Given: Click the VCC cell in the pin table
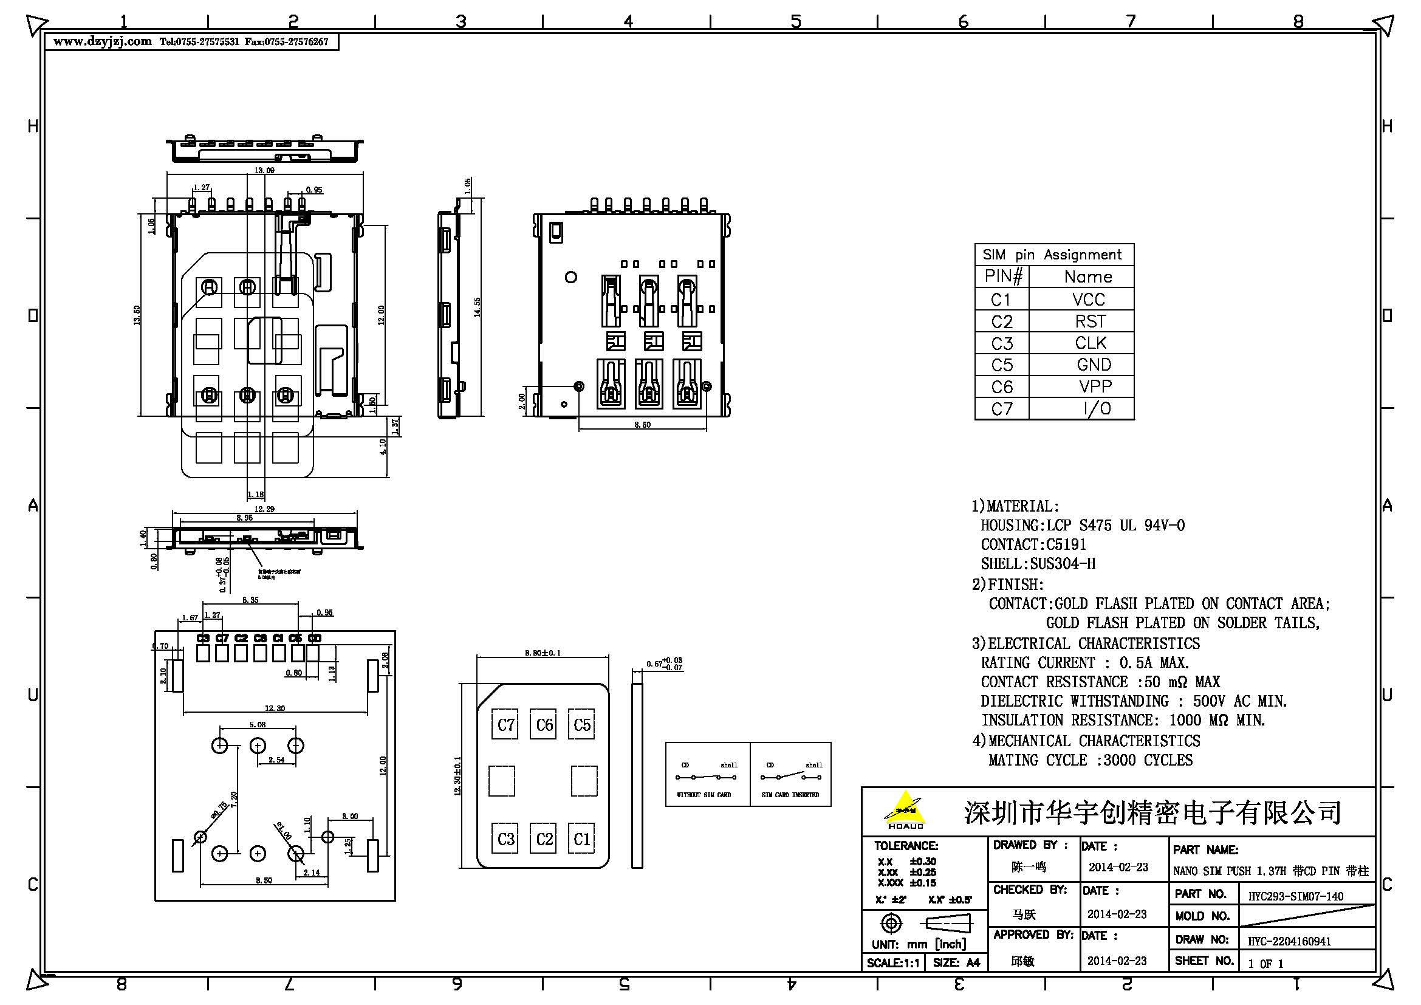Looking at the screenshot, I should [1087, 300].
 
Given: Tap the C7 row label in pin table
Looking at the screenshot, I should [1001, 408].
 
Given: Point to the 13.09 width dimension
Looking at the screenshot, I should [264, 170].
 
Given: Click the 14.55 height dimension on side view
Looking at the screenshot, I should [477, 307].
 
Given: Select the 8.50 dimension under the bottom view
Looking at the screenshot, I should [642, 425].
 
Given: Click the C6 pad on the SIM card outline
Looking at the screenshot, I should [544, 725].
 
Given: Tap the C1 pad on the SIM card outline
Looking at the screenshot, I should [581, 839].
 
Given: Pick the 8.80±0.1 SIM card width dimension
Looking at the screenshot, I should [542, 653].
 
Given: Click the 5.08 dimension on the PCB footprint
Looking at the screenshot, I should [258, 725].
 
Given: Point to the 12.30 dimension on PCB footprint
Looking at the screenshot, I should [274, 708].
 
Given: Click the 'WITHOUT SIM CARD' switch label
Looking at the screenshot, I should [704, 795].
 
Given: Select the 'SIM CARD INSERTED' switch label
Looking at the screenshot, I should [790, 795].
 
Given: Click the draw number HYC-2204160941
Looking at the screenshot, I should [1289, 941].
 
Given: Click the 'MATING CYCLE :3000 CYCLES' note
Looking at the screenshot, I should [1090, 760].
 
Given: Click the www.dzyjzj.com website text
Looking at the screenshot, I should [102, 42].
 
